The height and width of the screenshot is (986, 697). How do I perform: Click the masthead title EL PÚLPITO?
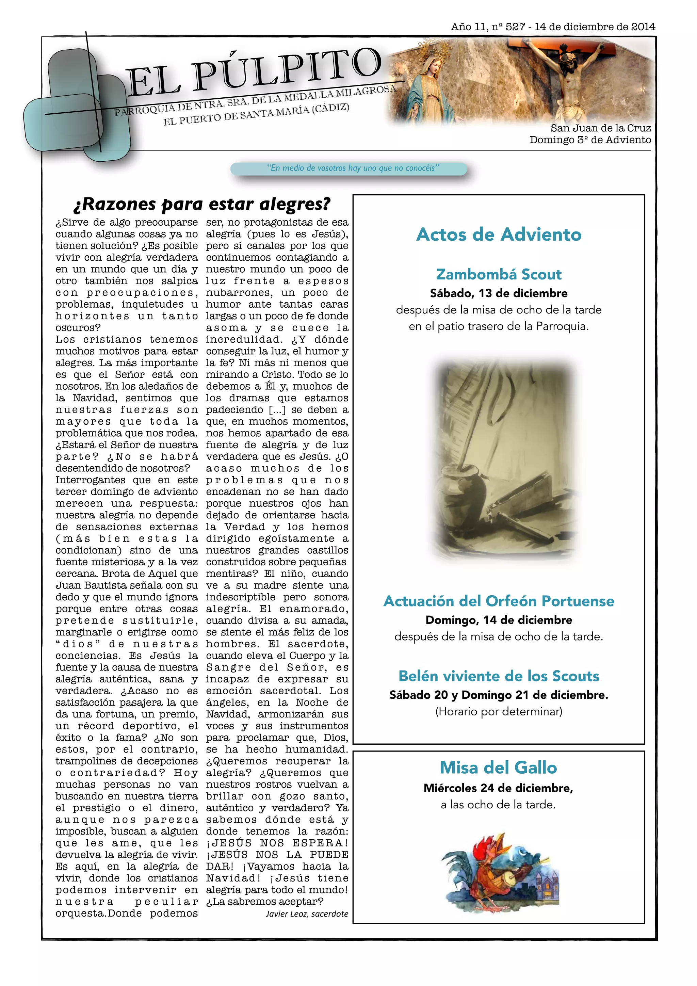253,72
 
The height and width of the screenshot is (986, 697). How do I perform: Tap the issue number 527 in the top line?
515,27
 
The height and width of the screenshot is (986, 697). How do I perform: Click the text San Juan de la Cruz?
600,128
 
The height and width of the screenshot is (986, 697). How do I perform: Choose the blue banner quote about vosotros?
353,168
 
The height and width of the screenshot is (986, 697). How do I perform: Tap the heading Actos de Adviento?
498,235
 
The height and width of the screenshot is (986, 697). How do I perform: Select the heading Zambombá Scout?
498,274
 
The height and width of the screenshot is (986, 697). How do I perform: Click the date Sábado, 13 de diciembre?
498,293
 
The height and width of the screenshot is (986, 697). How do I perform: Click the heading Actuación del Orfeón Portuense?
498,601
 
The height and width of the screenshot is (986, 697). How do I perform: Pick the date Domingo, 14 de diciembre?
498,620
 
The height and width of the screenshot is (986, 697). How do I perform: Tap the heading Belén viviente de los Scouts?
498,676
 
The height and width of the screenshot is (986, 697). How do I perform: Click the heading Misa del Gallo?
498,767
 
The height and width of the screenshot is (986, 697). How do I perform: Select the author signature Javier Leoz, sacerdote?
307,914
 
